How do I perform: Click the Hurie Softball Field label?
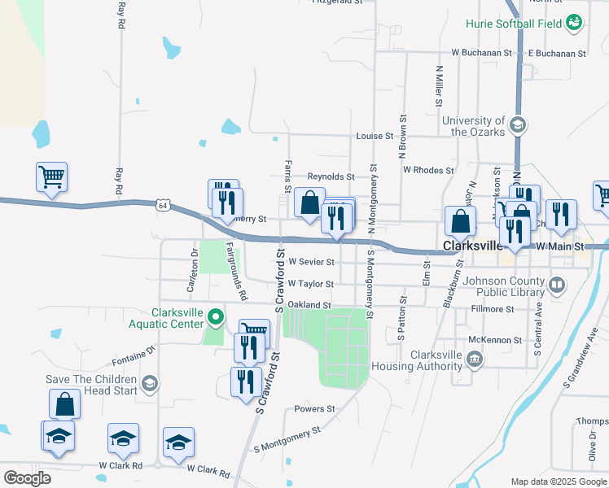pyautogui.click(x=518, y=24)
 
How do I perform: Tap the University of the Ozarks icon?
pyautogui.click(x=518, y=125)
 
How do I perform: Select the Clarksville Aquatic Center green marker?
pyautogui.click(x=216, y=316)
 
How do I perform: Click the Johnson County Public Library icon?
pyautogui.click(x=557, y=285)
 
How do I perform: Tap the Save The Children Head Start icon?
pyautogui.click(x=149, y=384)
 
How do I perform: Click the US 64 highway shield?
pyautogui.click(x=164, y=206)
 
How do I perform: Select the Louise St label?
pyautogui.click(x=375, y=137)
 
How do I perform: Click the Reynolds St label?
pyautogui.click(x=331, y=176)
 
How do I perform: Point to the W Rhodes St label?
pyautogui.click(x=428, y=171)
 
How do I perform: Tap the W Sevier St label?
pyautogui.click(x=311, y=263)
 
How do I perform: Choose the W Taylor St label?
pyautogui.click(x=310, y=284)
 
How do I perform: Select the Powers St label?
pyautogui.click(x=314, y=409)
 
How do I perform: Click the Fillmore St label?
pyautogui.click(x=493, y=310)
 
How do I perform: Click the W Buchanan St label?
pyautogui.click(x=481, y=53)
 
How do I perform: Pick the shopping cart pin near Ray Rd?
pyautogui.click(x=51, y=176)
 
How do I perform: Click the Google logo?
pyautogui.click(x=27, y=478)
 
